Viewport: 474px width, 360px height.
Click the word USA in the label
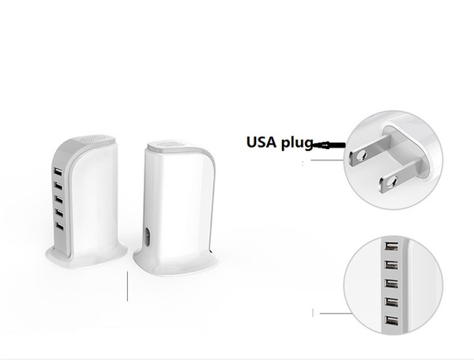[261, 142]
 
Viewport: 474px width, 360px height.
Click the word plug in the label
[297, 143]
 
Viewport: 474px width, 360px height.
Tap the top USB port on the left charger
[58, 172]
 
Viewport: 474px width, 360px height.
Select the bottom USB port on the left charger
[59, 227]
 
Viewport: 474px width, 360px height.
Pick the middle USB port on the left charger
[58, 199]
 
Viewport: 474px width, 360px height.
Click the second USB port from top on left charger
[58, 186]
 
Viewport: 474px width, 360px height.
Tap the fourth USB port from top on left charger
[59, 213]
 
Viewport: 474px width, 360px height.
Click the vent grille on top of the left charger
[93, 139]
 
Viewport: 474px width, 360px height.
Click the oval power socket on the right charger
[148, 237]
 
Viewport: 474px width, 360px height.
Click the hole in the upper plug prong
[360, 156]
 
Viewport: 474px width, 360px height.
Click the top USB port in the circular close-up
[391, 246]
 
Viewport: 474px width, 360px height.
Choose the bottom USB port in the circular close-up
[392, 321]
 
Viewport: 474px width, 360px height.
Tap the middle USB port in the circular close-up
[391, 283]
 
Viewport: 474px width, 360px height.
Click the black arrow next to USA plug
[329, 145]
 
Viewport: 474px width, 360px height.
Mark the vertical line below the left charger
[127, 287]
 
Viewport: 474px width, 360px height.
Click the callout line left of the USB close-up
[336, 313]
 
